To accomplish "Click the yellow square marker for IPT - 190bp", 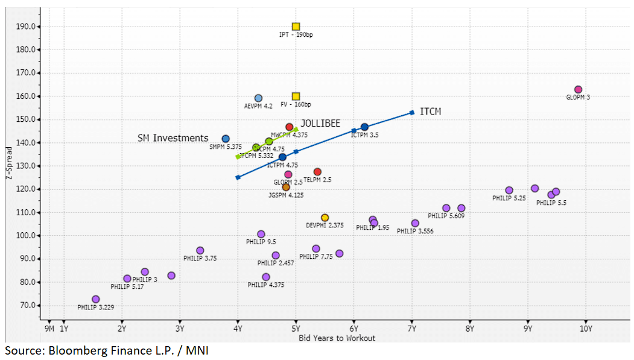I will click(x=296, y=27).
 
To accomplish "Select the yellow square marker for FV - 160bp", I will click(x=296, y=96).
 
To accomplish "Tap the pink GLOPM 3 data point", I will click(x=578, y=90).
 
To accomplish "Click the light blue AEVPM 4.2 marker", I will click(x=258, y=98).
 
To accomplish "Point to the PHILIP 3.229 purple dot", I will click(x=95, y=299).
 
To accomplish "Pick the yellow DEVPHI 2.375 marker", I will click(x=325, y=218).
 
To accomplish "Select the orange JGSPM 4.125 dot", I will click(x=286, y=187).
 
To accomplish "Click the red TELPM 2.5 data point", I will click(x=317, y=172).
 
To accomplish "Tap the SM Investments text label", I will click(x=173, y=138).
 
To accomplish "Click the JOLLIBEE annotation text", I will click(x=320, y=124).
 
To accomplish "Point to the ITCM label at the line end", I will click(x=431, y=112).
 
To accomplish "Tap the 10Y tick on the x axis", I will click(x=585, y=329).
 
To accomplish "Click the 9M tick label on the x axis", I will click(x=49, y=329).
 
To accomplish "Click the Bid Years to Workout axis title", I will click(x=337, y=338).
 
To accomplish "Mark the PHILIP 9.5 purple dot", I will click(x=261, y=234).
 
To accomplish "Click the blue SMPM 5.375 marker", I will click(x=226, y=139).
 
